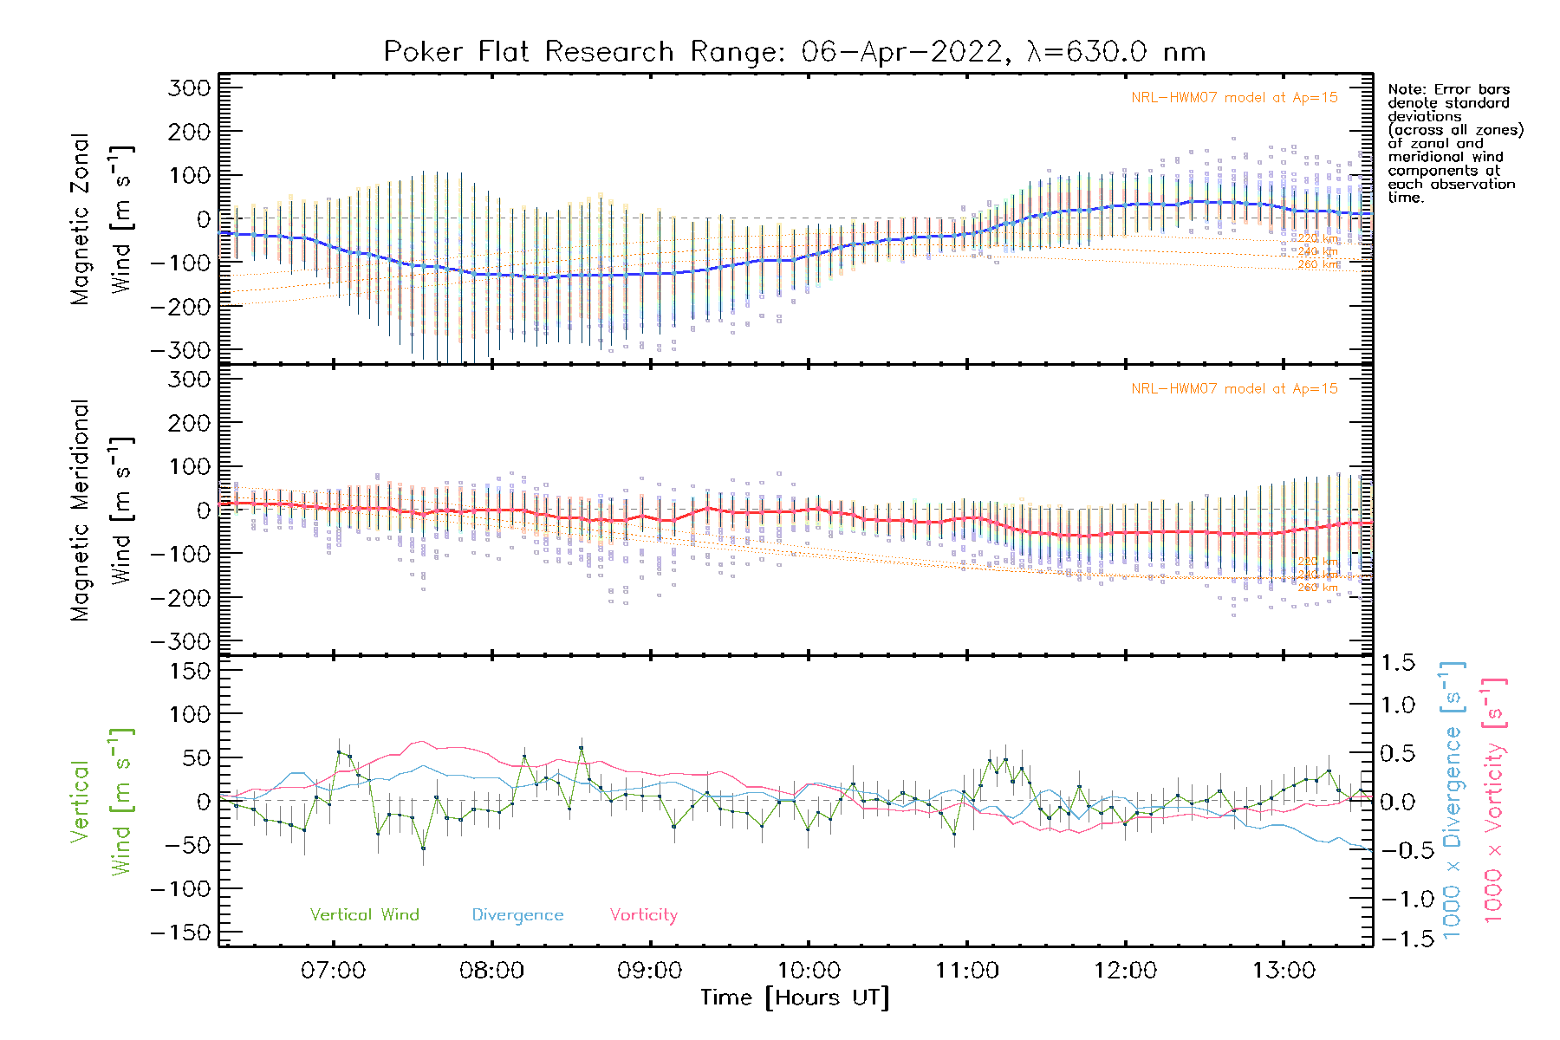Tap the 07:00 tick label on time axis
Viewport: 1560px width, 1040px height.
tap(333, 971)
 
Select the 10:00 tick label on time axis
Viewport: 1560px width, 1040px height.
tap(809, 971)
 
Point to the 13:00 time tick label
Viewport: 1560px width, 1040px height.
tap(1284, 971)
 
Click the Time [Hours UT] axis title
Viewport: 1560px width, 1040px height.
tap(795, 998)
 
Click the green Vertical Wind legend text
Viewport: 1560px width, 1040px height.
tap(364, 915)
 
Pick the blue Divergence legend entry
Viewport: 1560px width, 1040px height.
tap(517, 915)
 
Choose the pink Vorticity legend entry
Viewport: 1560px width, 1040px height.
tap(643, 915)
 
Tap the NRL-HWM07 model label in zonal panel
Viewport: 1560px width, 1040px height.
tap(1234, 98)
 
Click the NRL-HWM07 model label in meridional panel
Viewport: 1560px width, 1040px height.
tap(1234, 389)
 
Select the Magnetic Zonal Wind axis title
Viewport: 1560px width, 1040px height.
tap(101, 218)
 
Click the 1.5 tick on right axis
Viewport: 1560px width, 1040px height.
tap(1398, 663)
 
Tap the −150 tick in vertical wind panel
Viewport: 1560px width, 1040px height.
tap(180, 933)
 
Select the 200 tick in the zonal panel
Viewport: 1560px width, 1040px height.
tap(190, 132)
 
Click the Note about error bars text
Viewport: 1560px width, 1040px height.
tap(1454, 143)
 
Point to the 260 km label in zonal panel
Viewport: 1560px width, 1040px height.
tap(1318, 264)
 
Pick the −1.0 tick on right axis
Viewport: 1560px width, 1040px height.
tap(1398, 899)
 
